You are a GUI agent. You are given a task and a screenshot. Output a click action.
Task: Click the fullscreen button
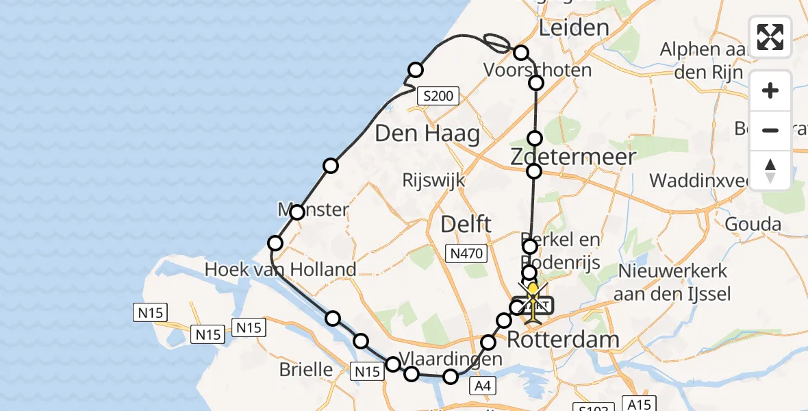pyautogui.click(x=770, y=37)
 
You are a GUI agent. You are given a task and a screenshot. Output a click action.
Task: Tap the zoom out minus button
pyautogui.click(x=770, y=130)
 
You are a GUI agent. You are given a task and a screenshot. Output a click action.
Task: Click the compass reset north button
pyautogui.click(x=770, y=171)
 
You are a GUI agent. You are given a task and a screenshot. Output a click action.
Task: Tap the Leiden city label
pyautogui.click(x=574, y=28)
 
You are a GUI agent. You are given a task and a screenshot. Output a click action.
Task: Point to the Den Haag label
pyautogui.click(x=427, y=134)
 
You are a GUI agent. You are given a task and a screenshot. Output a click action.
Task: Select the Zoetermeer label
pyautogui.click(x=564, y=157)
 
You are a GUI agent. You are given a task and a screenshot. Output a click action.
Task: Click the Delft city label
pyautogui.click(x=466, y=223)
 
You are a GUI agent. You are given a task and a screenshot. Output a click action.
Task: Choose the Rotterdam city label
pyautogui.click(x=553, y=338)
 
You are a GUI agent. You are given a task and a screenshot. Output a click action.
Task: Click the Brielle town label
pyautogui.click(x=306, y=370)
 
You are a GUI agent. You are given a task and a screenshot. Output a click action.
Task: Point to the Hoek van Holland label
pyautogui.click(x=280, y=269)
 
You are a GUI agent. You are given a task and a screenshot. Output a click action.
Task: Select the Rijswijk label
pyautogui.click(x=434, y=181)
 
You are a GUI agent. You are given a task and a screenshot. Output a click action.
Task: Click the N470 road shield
pyautogui.click(x=468, y=254)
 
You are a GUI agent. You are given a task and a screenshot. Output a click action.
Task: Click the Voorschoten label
pyautogui.click(x=537, y=70)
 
